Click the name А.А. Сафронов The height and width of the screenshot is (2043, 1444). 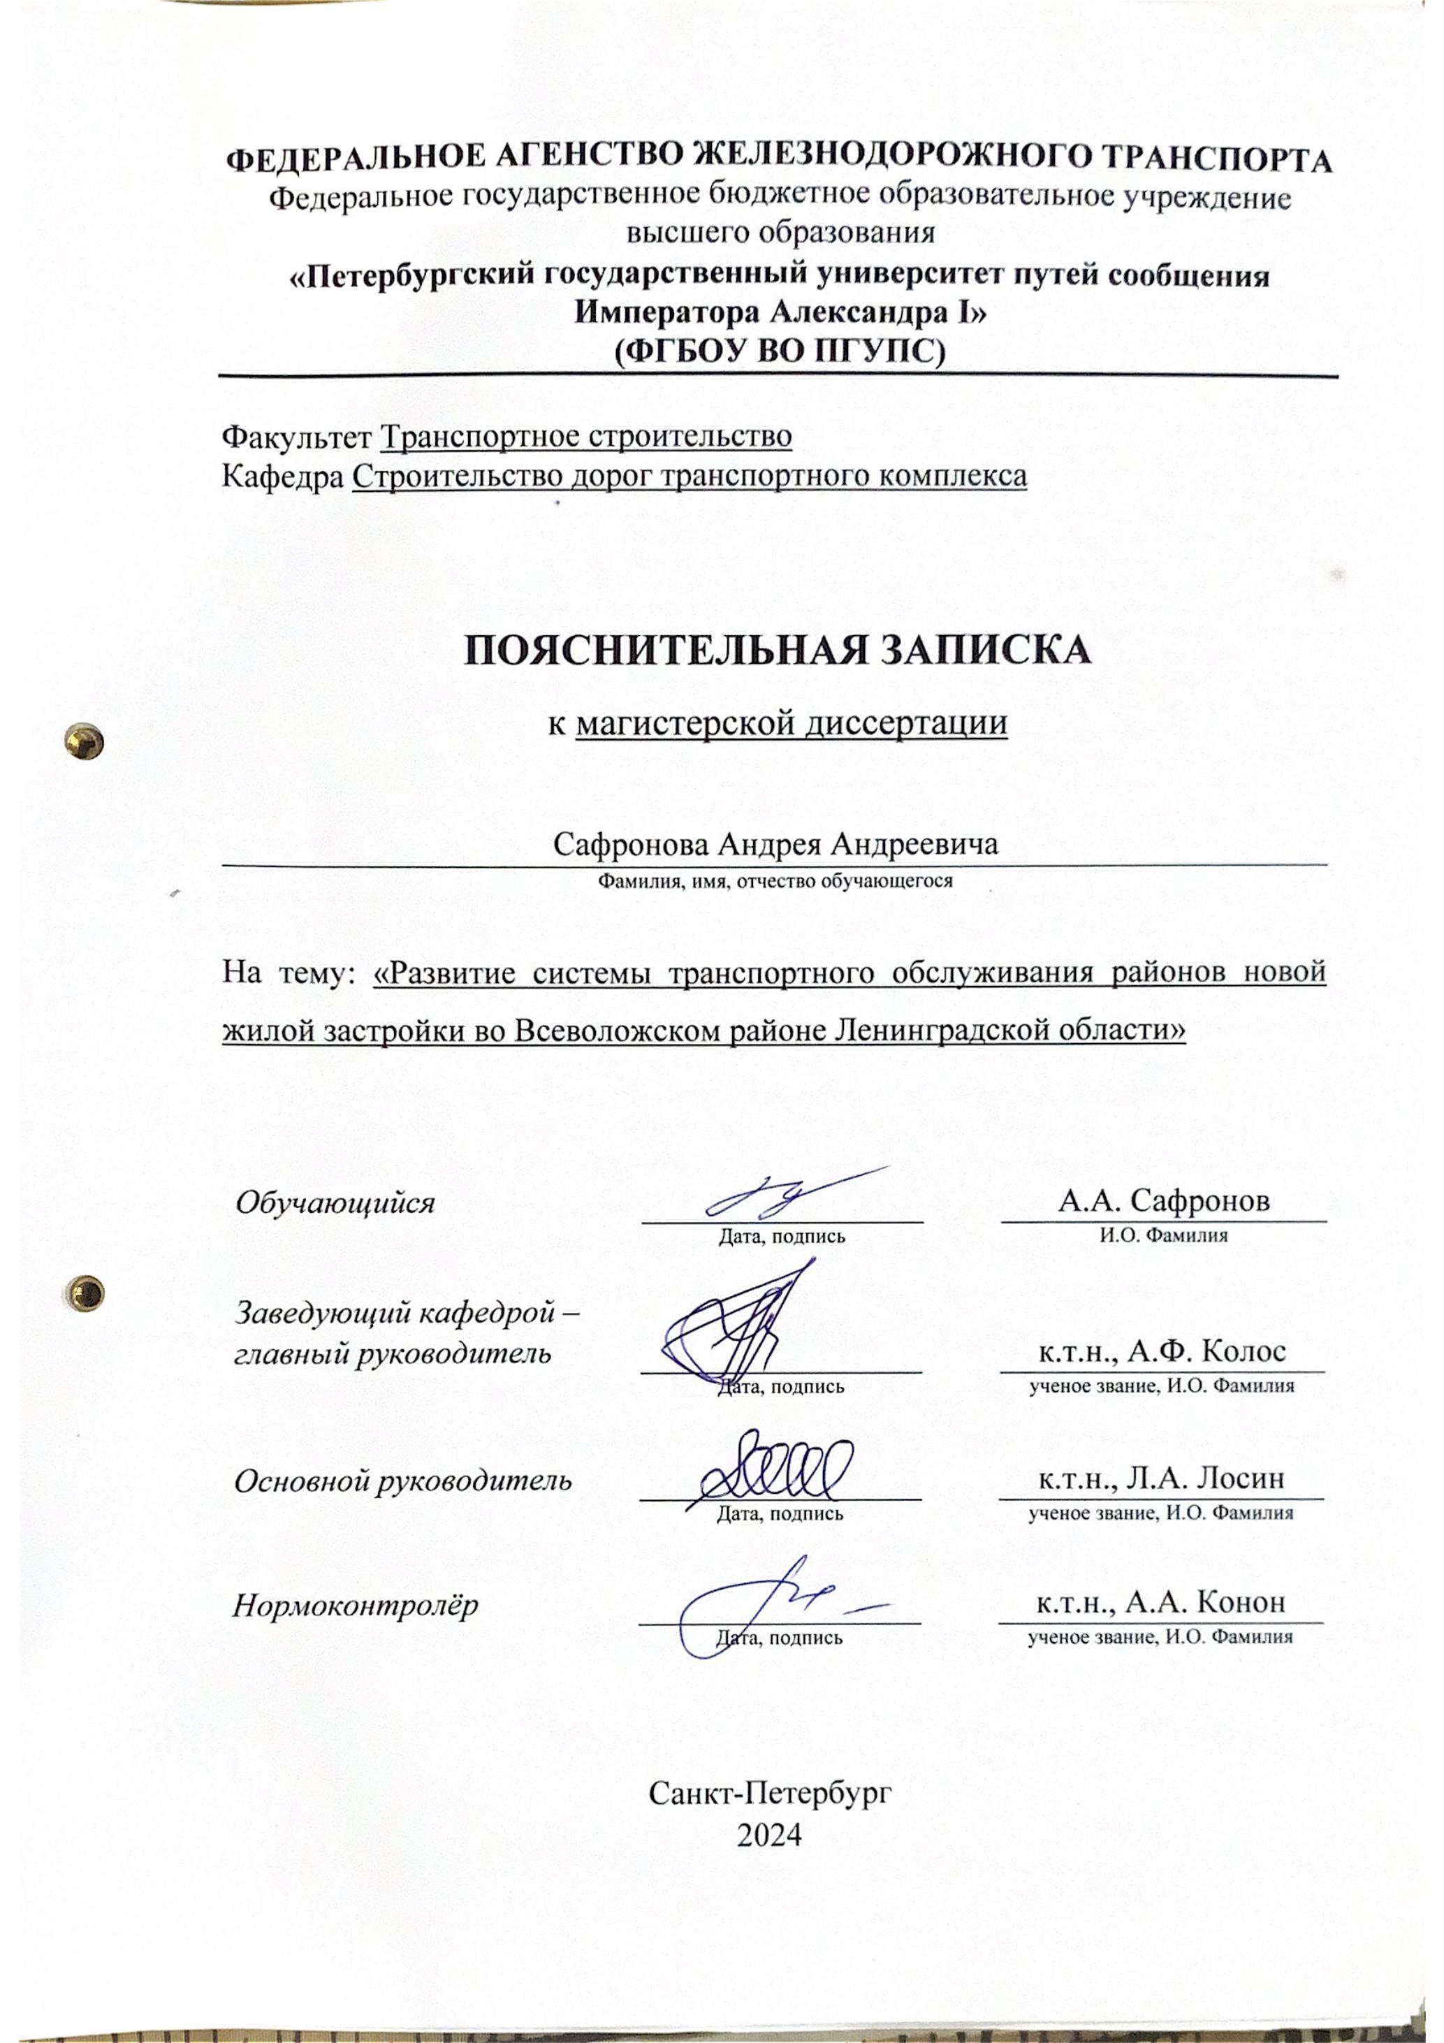1163,1201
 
